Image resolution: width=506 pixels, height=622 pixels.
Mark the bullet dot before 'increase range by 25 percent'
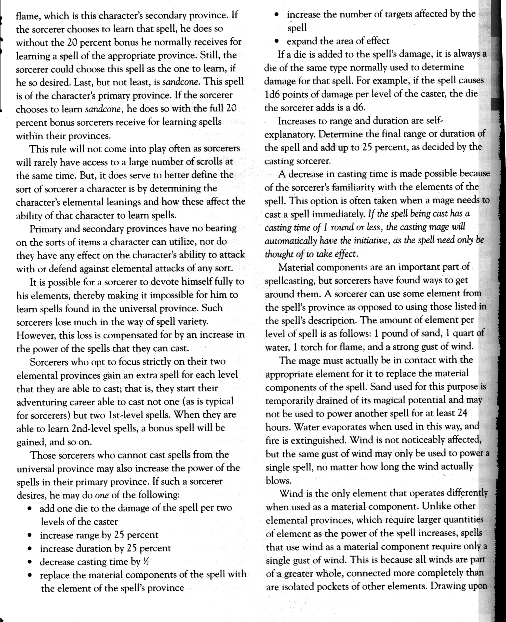tap(29, 535)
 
